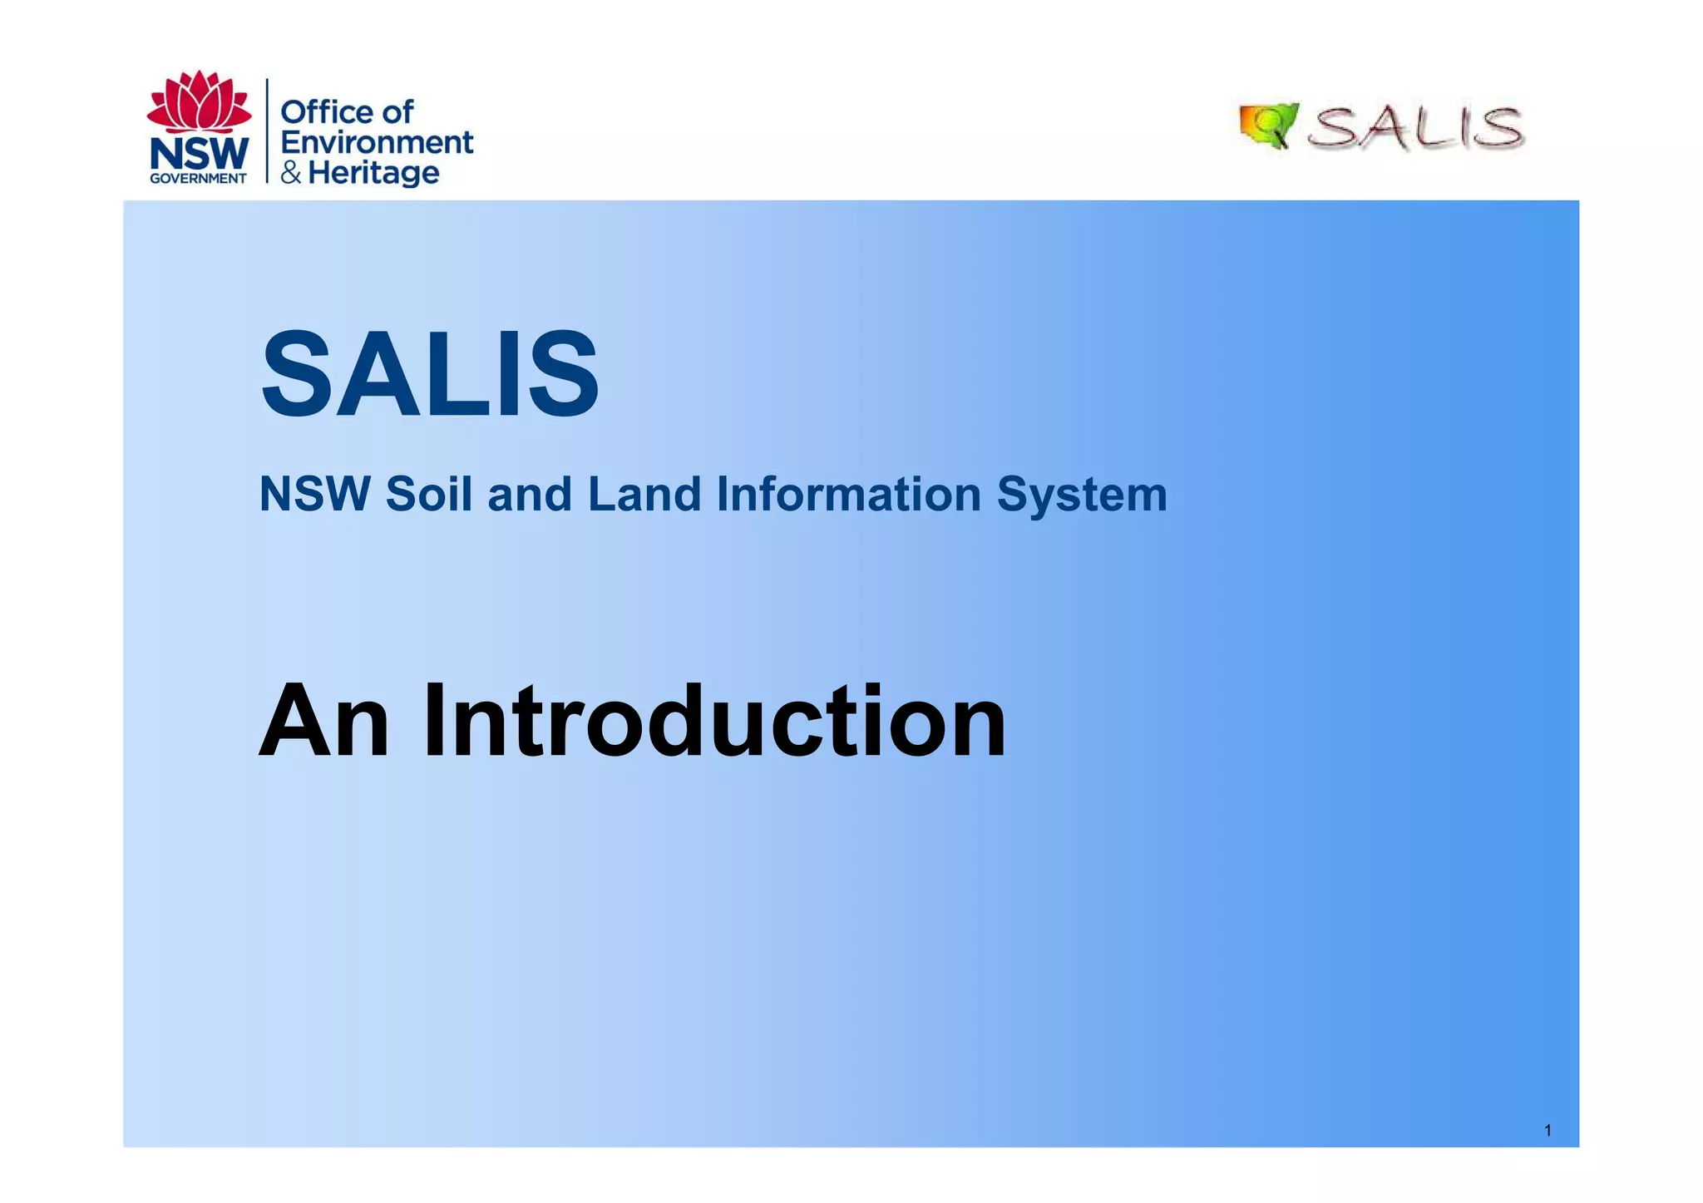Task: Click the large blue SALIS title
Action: pos(429,375)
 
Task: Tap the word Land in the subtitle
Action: pos(644,494)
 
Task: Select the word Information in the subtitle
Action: pos(848,494)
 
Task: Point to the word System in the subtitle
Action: pos(1082,494)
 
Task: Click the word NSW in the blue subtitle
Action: pos(314,494)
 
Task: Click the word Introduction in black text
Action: pos(713,721)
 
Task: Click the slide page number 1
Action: pos(1548,1130)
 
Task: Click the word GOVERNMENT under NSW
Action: pos(198,178)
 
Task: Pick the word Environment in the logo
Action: pos(377,142)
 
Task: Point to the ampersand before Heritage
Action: pos(291,173)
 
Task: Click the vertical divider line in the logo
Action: pos(267,131)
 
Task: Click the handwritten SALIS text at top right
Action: pos(1416,129)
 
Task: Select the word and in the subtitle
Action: pos(530,494)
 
